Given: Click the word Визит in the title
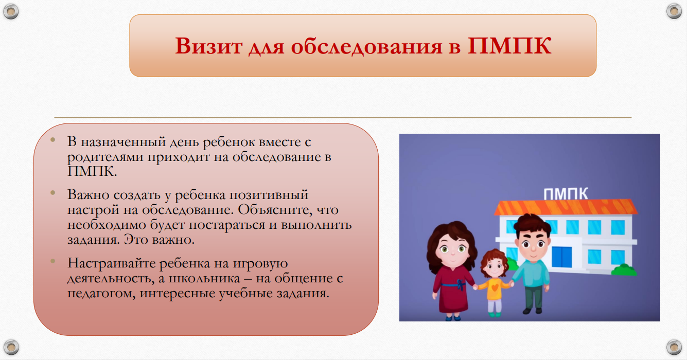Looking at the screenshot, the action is [208, 46].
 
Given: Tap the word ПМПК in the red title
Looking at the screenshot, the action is [509, 46].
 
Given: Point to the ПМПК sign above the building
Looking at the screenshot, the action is [566, 194].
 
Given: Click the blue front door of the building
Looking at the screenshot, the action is [561, 257].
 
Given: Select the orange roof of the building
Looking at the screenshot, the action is [566, 207].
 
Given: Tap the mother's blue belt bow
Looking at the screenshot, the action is [461, 285].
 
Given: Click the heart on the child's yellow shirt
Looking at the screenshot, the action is [495, 287].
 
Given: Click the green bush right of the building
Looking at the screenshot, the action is [624, 269].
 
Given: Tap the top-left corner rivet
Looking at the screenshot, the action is [11, 11].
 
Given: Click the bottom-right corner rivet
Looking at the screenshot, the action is [674, 347].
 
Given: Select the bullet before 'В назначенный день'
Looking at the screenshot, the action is [53, 140].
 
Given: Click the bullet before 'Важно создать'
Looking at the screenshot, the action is [53, 193].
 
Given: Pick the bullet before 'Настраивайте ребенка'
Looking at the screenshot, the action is [53, 261].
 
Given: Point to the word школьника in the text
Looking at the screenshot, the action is [204, 278].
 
